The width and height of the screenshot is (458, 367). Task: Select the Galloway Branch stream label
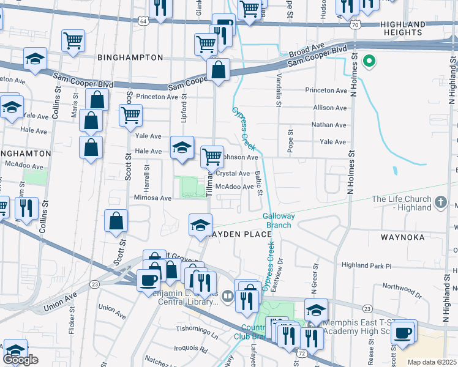279,220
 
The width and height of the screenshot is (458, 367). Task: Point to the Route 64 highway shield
143,21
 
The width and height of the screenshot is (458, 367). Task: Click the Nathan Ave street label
329,125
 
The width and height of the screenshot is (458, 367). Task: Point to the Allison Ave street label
330,107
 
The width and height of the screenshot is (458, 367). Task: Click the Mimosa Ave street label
153,198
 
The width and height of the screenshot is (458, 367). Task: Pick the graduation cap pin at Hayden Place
200,224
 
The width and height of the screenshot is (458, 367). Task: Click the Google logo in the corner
20,360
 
